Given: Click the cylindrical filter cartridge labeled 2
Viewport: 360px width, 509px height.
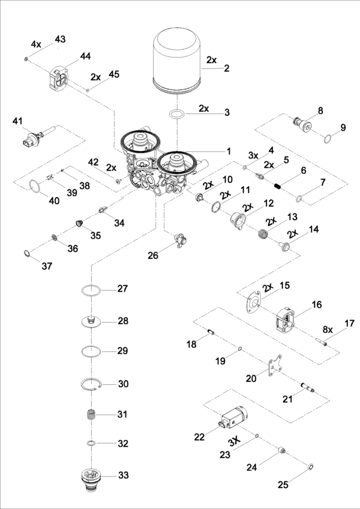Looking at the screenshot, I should (178, 63).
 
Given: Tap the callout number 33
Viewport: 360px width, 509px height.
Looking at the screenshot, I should (123, 475).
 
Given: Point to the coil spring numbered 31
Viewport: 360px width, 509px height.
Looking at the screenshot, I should (91, 415).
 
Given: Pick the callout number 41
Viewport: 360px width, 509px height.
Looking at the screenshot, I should (17, 122).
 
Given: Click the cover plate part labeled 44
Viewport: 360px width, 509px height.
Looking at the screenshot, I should (59, 78).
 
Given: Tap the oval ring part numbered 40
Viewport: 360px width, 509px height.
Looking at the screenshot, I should (37, 190).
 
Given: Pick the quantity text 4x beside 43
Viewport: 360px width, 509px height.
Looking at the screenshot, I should (36, 44).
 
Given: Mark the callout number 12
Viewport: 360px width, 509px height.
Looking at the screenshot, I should (268, 203).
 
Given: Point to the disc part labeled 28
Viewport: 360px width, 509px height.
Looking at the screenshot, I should (91, 321).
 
